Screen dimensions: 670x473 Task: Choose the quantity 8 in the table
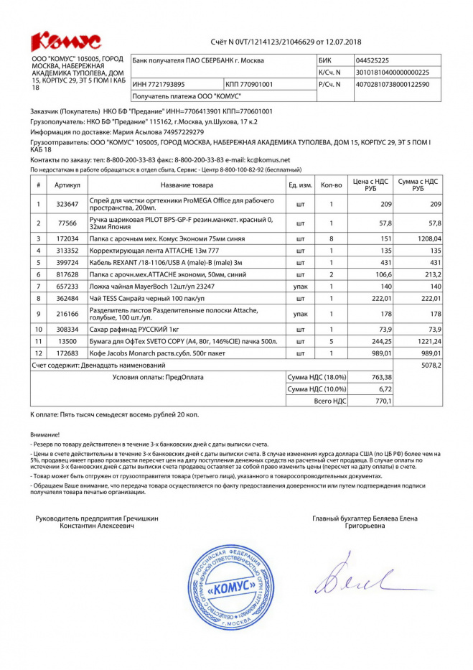tap(331, 238)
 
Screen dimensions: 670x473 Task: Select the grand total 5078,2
tap(431, 365)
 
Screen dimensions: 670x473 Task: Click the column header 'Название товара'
tap(187, 185)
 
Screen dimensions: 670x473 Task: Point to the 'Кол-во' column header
tap(331, 185)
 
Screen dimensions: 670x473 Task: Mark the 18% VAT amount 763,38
tap(380, 377)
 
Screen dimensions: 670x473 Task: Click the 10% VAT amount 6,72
tap(385, 388)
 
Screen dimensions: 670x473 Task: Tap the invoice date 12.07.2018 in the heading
tap(342, 42)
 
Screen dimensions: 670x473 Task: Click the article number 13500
tap(67, 341)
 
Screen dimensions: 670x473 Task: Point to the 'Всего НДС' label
tap(331, 401)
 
